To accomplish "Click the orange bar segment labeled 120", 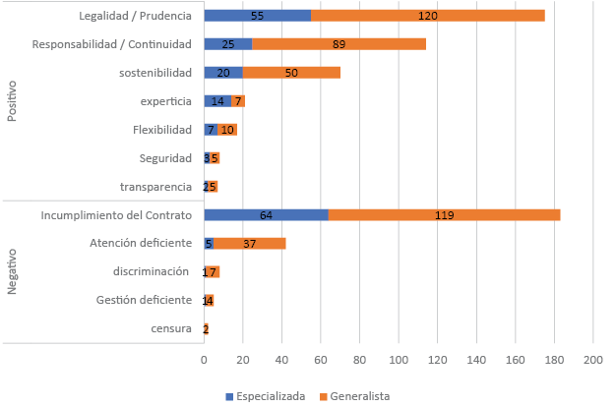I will [428, 16].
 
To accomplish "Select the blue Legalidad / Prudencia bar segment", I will [257, 16].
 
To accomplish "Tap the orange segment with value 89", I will [339, 44].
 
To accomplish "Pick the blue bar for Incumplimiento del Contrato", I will [266, 214].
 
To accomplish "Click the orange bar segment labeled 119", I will [444, 214].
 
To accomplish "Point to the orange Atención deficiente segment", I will [250, 243].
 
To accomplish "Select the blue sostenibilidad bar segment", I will [223, 73].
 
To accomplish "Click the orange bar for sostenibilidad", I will [291, 73].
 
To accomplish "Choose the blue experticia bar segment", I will [217, 101].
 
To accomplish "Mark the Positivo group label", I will [13, 101].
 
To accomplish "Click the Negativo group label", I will [13, 271].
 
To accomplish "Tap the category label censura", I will [173, 329].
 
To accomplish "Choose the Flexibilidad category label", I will [162, 130].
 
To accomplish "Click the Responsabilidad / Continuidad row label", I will [111, 44].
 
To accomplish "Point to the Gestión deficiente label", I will [144, 300].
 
